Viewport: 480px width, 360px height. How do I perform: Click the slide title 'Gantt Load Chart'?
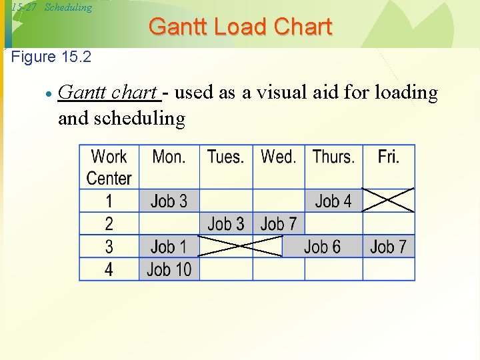pyautogui.click(x=240, y=27)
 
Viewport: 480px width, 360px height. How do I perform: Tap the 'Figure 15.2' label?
pyautogui.click(x=51, y=57)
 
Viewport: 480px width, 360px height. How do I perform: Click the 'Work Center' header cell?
pyautogui.click(x=109, y=167)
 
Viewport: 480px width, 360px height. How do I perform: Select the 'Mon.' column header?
pyautogui.click(x=169, y=157)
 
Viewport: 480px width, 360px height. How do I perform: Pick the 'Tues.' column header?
pyautogui.click(x=225, y=157)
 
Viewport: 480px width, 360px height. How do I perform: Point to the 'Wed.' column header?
pyautogui.click(x=278, y=157)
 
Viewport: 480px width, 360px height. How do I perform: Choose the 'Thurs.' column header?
pyautogui.click(x=333, y=157)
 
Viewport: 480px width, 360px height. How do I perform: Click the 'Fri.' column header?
pyautogui.click(x=388, y=157)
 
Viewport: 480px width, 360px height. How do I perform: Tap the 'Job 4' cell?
pyautogui.click(x=333, y=201)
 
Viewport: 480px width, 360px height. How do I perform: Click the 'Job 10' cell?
pyautogui.click(x=169, y=269)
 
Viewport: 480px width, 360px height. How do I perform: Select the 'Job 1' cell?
pyautogui.click(x=169, y=247)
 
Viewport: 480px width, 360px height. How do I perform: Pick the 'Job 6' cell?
pyautogui.click(x=322, y=247)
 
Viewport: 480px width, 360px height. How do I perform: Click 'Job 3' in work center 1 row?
pyautogui.click(x=169, y=201)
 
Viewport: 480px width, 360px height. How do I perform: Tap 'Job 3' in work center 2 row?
pyautogui.click(x=225, y=223)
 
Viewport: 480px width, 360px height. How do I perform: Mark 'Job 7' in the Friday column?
pyautogui.click(x=388, y=247)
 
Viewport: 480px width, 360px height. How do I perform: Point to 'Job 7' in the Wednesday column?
pyautogui.click(x=278, y=223)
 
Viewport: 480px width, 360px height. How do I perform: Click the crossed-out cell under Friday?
pyautogui.click(x=388, y=200)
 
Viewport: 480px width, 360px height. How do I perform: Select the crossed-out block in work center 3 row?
pyautogui.click(x=241, y=247)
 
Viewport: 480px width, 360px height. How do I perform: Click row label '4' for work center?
pyautogui.click(x=109, y=269)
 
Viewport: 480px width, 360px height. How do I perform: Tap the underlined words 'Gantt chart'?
pyautogui.click(x=108, y=93)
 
